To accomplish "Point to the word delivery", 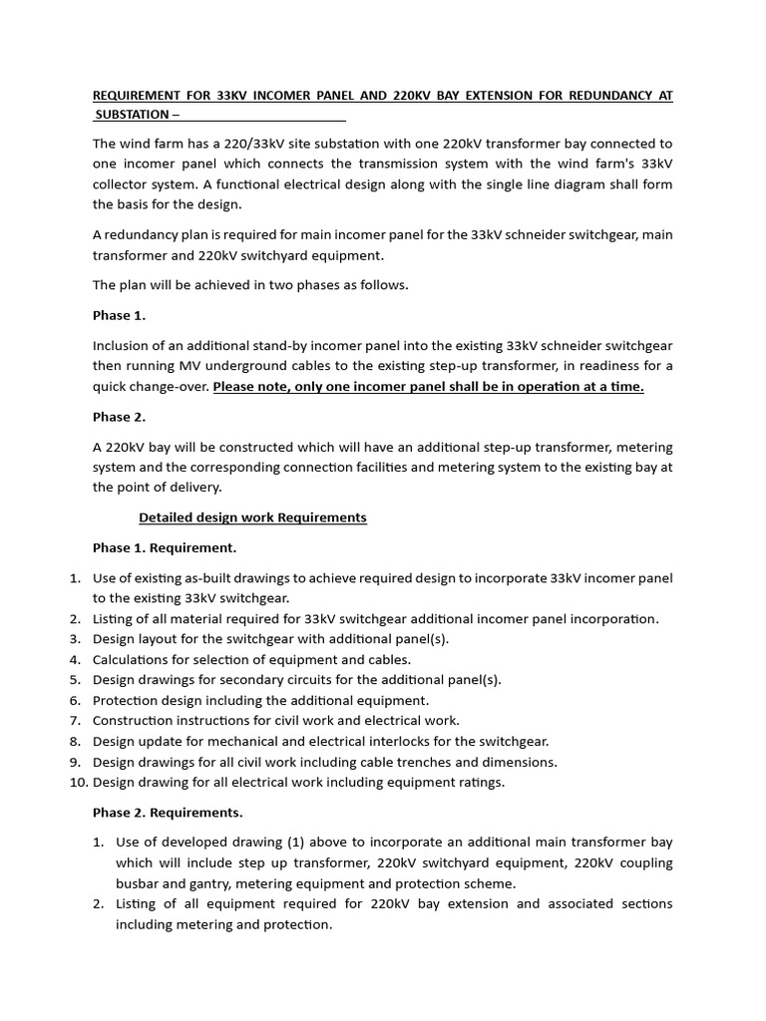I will click(193, 488).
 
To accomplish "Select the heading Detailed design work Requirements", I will click(252, 517).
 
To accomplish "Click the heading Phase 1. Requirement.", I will click(165, 548).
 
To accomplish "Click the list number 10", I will click(77, 782).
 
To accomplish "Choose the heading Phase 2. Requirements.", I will click(168, 813).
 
